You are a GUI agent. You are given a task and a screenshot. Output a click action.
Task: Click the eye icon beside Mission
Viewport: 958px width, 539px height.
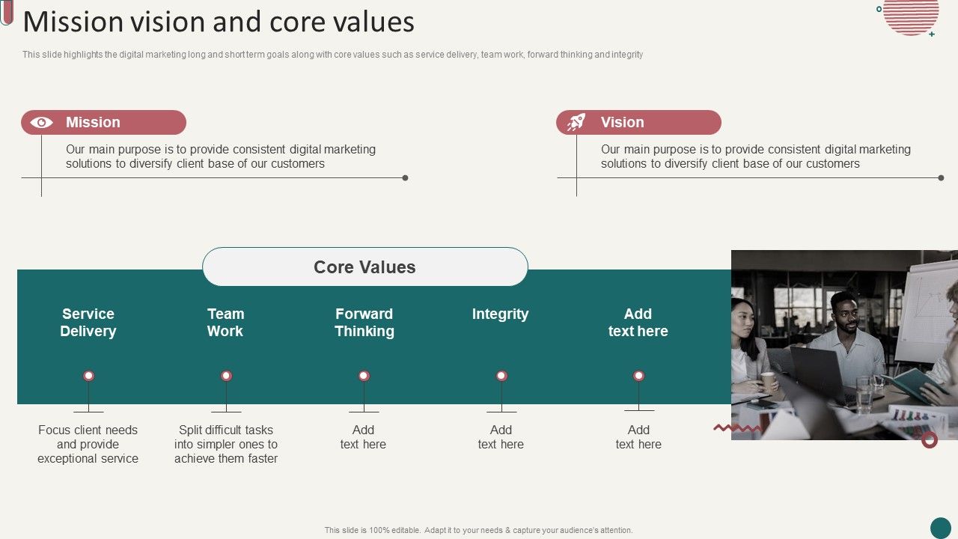pos(41,122)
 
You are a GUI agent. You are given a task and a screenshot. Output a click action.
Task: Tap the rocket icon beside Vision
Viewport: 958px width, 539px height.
pos(576,122)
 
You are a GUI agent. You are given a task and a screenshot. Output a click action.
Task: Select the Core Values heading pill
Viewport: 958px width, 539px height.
pos(364,267)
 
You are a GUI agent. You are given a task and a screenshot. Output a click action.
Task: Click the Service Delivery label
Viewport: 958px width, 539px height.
pos(88,323)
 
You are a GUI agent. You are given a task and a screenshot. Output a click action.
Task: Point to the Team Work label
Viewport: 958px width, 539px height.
pos(225,323)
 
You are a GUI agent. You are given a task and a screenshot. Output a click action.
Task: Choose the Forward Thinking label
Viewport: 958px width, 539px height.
pos(364,323)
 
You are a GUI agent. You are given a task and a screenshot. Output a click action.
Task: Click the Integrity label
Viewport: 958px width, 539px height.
pos(500,314)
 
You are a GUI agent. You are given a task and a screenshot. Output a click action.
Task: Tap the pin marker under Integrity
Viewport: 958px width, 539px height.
pos(501,376)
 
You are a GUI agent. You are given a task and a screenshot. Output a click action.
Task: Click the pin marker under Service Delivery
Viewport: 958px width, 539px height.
pos(88,376)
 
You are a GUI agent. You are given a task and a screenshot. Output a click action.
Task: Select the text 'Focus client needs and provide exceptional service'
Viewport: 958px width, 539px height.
pos(88,444)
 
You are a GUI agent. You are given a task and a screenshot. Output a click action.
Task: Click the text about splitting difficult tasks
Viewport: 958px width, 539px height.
pos(226,444)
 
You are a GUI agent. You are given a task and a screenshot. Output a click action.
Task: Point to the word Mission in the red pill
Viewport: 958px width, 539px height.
pos(93,122)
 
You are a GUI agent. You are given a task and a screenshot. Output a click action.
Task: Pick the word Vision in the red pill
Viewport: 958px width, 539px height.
pos(622,122)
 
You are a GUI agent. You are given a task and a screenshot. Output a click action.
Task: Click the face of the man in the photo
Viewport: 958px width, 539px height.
pos(845,313)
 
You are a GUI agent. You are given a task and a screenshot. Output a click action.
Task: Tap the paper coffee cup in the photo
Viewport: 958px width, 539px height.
pos(768,380)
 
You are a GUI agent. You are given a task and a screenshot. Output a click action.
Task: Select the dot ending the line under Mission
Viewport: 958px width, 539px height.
pos(405,178)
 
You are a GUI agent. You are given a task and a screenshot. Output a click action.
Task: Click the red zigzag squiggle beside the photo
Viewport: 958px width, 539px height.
pos(736,428)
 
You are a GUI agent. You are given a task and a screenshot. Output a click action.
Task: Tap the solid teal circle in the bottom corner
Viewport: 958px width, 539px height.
pos(940,528)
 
